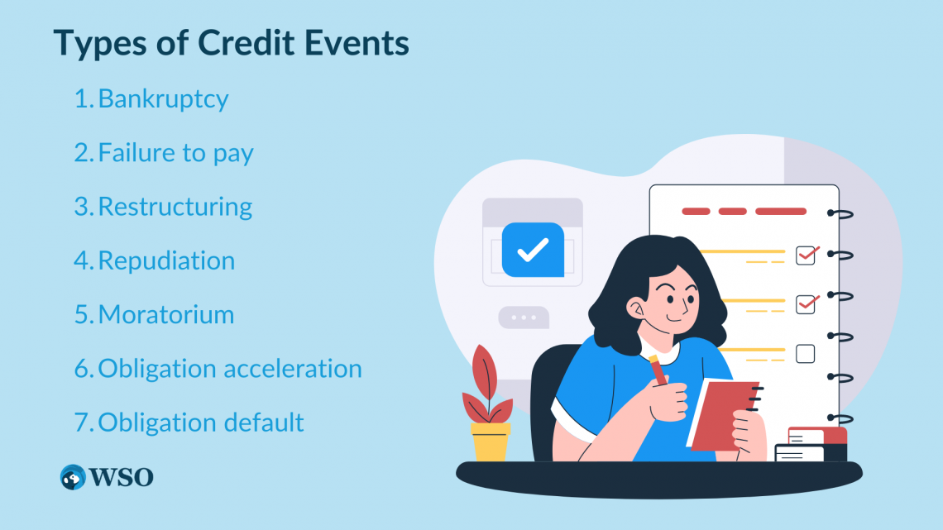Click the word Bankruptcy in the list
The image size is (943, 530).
click(163, 99)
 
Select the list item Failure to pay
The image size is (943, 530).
click(175, 153)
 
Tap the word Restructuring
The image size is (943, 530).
click(175, 207)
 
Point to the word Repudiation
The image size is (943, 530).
click(166, 260)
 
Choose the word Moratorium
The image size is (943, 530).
click(166, 315)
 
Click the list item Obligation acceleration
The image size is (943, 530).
click(230, 369)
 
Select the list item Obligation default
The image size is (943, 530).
click(201, 423)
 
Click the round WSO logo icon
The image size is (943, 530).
click(73, 477)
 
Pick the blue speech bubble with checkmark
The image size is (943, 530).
click(532, 249)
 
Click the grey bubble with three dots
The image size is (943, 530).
click(523, 318)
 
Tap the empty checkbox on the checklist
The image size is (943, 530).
click(805, 354)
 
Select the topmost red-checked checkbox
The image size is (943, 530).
click(806, 255)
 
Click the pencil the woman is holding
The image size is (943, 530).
click(658, 370)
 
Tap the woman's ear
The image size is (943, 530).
click(637, 309)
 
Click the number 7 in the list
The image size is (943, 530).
click(82, 423)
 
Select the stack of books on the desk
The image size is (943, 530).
click(812, 445)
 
